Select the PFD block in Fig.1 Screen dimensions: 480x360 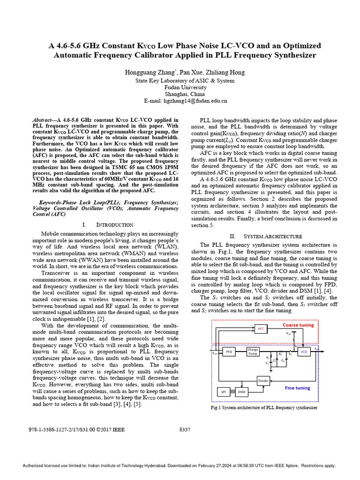(x=229, y=351)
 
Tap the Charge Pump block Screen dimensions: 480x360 (x=253, y=351)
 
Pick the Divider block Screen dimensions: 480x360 (x=263, y=381)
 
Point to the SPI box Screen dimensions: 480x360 (x=223, y=392)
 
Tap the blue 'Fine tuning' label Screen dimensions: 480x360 (x=297, y=388)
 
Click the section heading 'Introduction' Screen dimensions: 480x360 (x=114, y=225)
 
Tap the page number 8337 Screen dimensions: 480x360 (x=185, y=429)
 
